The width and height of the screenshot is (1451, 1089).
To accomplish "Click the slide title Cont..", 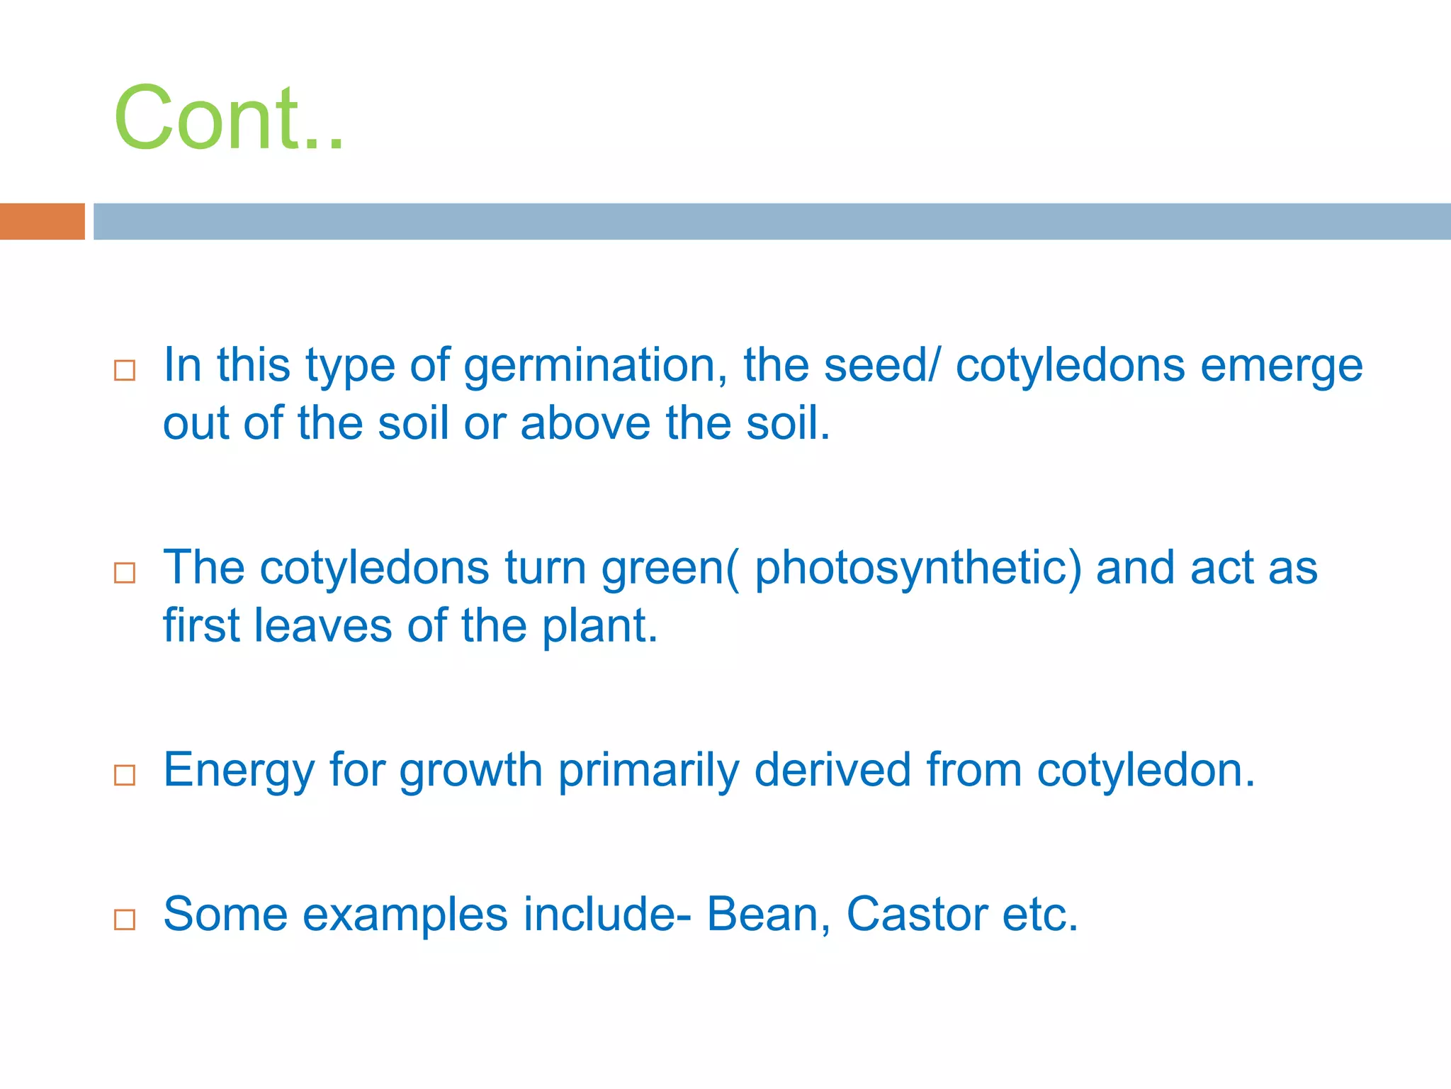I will click(x=228, y=118).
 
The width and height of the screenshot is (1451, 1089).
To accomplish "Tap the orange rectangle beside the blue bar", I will click(x=42, y=221).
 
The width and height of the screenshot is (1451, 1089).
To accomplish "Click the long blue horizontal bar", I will click(x=771, y=221).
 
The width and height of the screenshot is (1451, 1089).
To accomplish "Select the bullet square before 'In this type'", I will click(x=125, y=370).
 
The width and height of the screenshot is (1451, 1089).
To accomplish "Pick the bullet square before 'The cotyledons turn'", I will click(x=125, y=572).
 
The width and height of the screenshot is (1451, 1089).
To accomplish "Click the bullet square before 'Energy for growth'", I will click(x=125, y=774).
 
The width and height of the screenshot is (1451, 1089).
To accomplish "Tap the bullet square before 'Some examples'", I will click(x=125, y=919).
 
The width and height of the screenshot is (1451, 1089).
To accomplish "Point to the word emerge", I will click(x=1281, y=367).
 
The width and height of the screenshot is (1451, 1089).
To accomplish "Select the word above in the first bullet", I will click(x=585, y=424).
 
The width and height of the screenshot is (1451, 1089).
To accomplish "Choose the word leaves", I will click(x=322, y=626).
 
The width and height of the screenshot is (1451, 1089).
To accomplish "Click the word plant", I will click(x=599, y=627).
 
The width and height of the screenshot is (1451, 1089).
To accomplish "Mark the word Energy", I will click(x=239, y=772).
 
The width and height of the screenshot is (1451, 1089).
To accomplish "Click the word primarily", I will click(x=648, y=772).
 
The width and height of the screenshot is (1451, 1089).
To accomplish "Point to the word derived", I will click(x=832, y=771).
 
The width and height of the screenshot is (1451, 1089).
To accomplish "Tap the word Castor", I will click(x=917, y=915).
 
